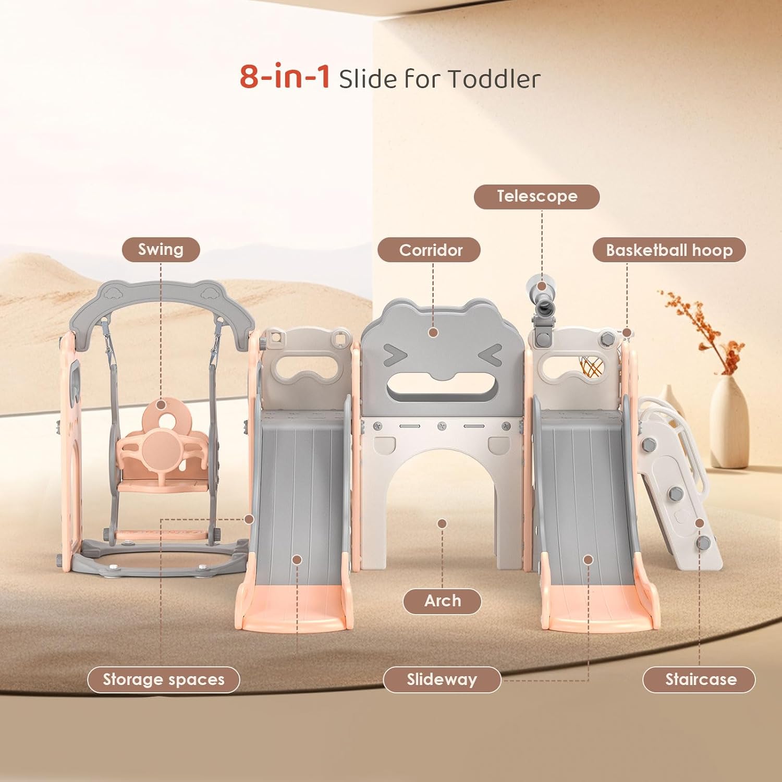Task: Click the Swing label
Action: click(x=161, y=250)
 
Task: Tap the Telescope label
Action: click(x=536, y=197)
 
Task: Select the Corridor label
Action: click(x=431, y=250)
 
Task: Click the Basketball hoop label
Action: click(x=669, y=250)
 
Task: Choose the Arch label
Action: click(x=442, y=601)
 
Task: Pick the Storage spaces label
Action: click(x=163, y=680)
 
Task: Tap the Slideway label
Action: click(x=442, y=680)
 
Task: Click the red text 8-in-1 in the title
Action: click(x=285, y=77)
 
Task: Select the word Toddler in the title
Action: click(x=493, y=79)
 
